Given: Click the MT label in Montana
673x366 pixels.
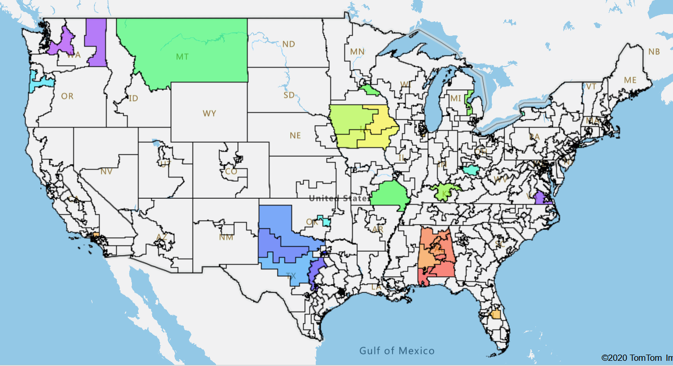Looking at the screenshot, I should coord(182,57).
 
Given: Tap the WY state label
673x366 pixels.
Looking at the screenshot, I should coord(209,113).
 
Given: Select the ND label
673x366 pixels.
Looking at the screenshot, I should coord(289,44).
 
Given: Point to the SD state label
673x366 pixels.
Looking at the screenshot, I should coord(289,96).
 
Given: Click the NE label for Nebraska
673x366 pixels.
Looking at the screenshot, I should coord(295,135).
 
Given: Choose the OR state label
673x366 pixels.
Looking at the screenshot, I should coord(67,96).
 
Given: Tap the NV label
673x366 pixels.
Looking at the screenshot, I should coord(106,171).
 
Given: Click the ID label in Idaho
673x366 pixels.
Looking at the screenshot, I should coord(133,98).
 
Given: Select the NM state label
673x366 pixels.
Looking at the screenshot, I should coord(226,237).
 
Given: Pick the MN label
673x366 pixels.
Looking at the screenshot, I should coord(357,51).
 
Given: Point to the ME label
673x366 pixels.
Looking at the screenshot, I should coord(630,80).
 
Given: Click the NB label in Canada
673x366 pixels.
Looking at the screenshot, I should coord(654,51).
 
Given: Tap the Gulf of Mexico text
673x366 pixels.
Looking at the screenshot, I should coord(397,351).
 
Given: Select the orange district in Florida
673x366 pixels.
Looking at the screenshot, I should coord(496,315).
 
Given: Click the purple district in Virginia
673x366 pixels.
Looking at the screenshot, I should coord(540,198).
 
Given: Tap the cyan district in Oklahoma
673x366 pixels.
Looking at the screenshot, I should coord(326,222).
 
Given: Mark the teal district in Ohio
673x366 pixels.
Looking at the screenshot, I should coord(471,170).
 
